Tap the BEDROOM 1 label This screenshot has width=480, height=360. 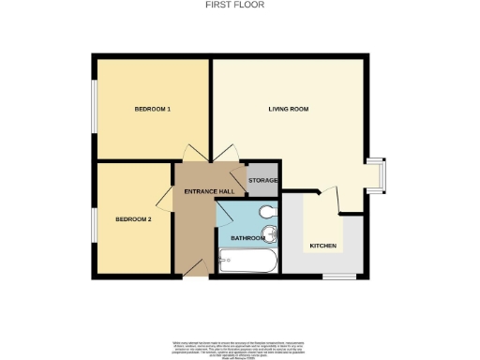[x=152, y=110]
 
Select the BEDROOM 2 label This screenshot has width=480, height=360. [x=133, y=219]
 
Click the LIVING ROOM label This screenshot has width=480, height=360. [x=289, y=110]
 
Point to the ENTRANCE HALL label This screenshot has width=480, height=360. [x=202, y=191]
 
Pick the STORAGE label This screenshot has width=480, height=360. [x=262, y=180]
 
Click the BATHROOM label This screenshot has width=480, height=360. [x=247, y=238]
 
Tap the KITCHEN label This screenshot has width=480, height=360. [x=322, y=246]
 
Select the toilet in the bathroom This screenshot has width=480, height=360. [x=268, y=210]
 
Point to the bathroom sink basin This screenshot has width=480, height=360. [x=271, y=232]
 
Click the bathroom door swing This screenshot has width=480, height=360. [x=226, y=214]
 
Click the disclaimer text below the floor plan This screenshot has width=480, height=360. [x=240, y=344]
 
